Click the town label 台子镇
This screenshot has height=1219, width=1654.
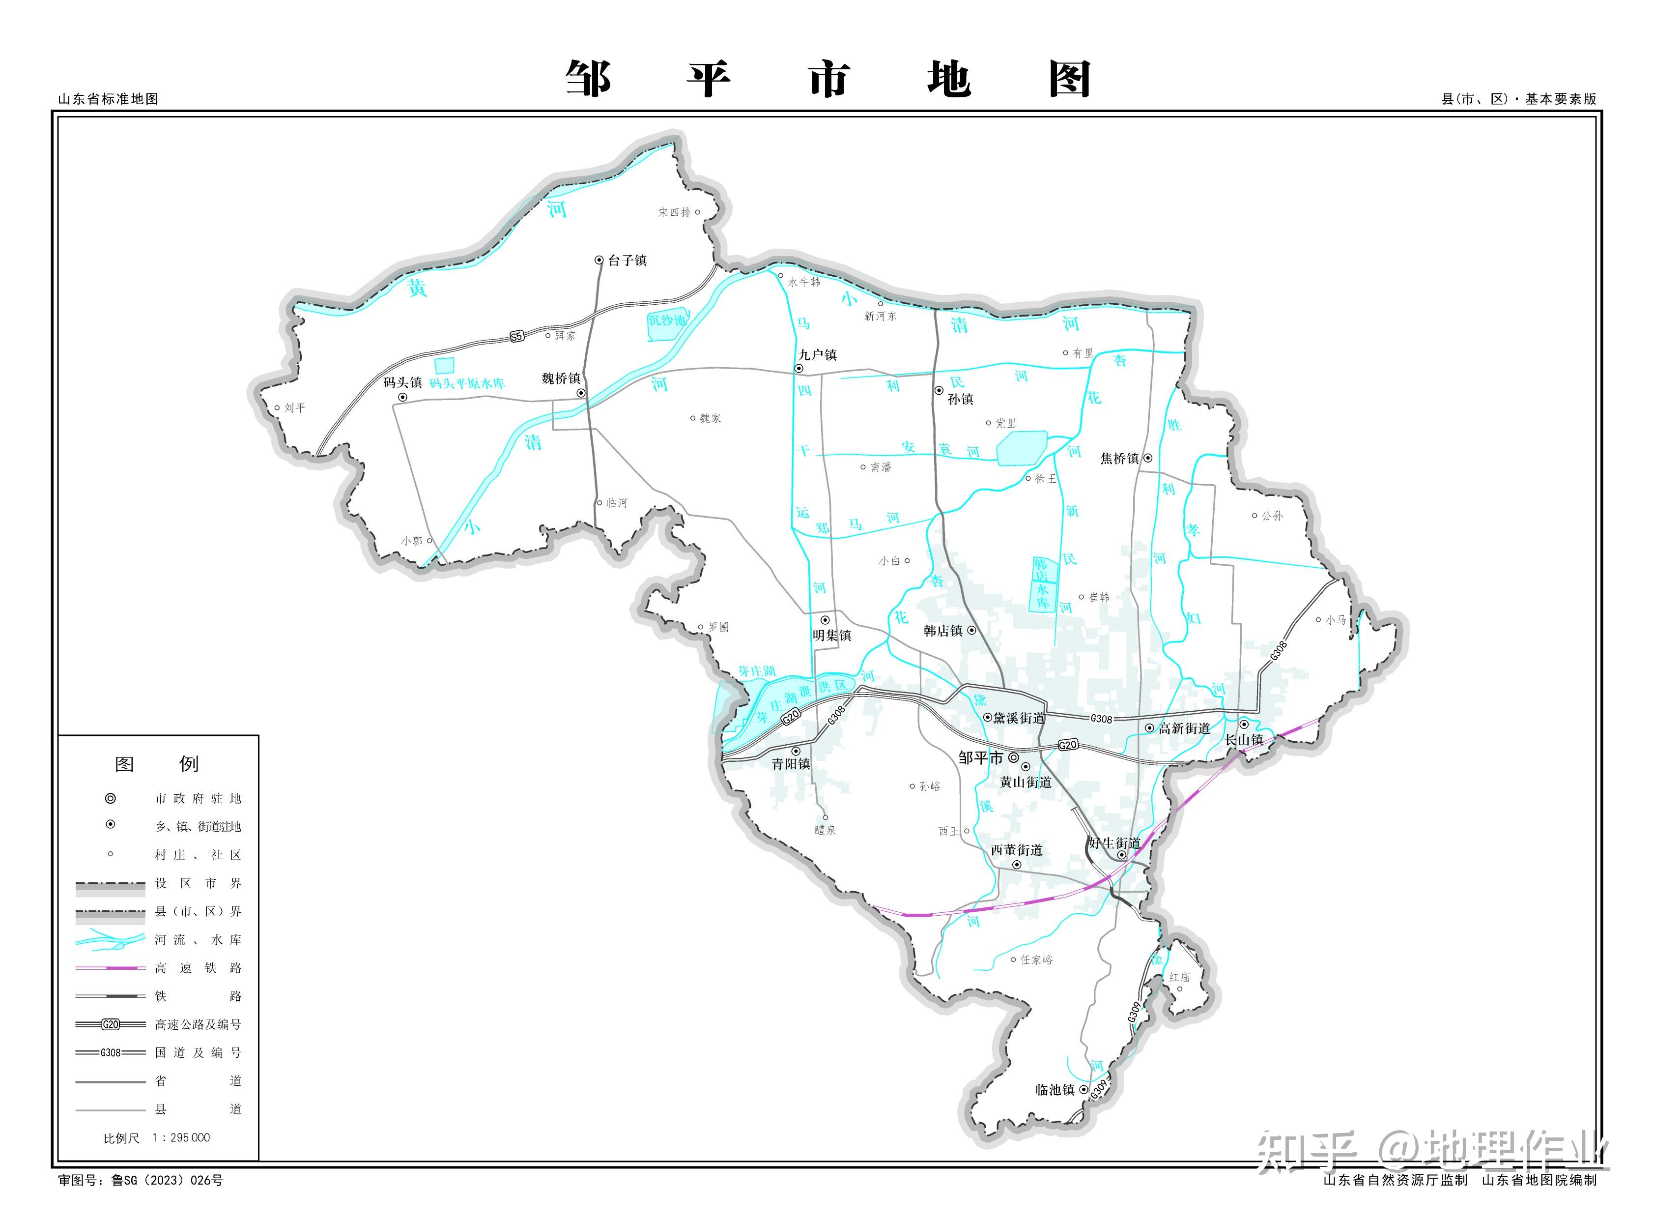[627, 261]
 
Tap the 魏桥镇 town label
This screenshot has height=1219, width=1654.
[561, 378]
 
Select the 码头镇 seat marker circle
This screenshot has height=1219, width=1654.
[403, 397]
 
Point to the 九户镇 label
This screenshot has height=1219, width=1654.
[817, 355]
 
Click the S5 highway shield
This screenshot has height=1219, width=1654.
[516, 337]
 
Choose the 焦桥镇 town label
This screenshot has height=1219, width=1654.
[1119, 458]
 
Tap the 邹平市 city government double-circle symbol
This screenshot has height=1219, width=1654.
[1014, 757]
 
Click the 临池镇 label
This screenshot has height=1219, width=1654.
[1055, 1090]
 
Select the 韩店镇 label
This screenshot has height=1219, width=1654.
[943, 631]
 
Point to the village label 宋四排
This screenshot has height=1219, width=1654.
[674, 212]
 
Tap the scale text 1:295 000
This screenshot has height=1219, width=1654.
[181, 1138]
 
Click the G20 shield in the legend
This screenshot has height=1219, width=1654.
[111, 1024]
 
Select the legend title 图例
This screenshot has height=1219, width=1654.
[156, 764]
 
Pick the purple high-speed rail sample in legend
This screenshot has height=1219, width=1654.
[111, 967]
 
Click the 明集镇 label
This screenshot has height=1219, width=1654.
[832, 636]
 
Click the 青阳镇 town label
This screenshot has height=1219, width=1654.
[791, 764]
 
